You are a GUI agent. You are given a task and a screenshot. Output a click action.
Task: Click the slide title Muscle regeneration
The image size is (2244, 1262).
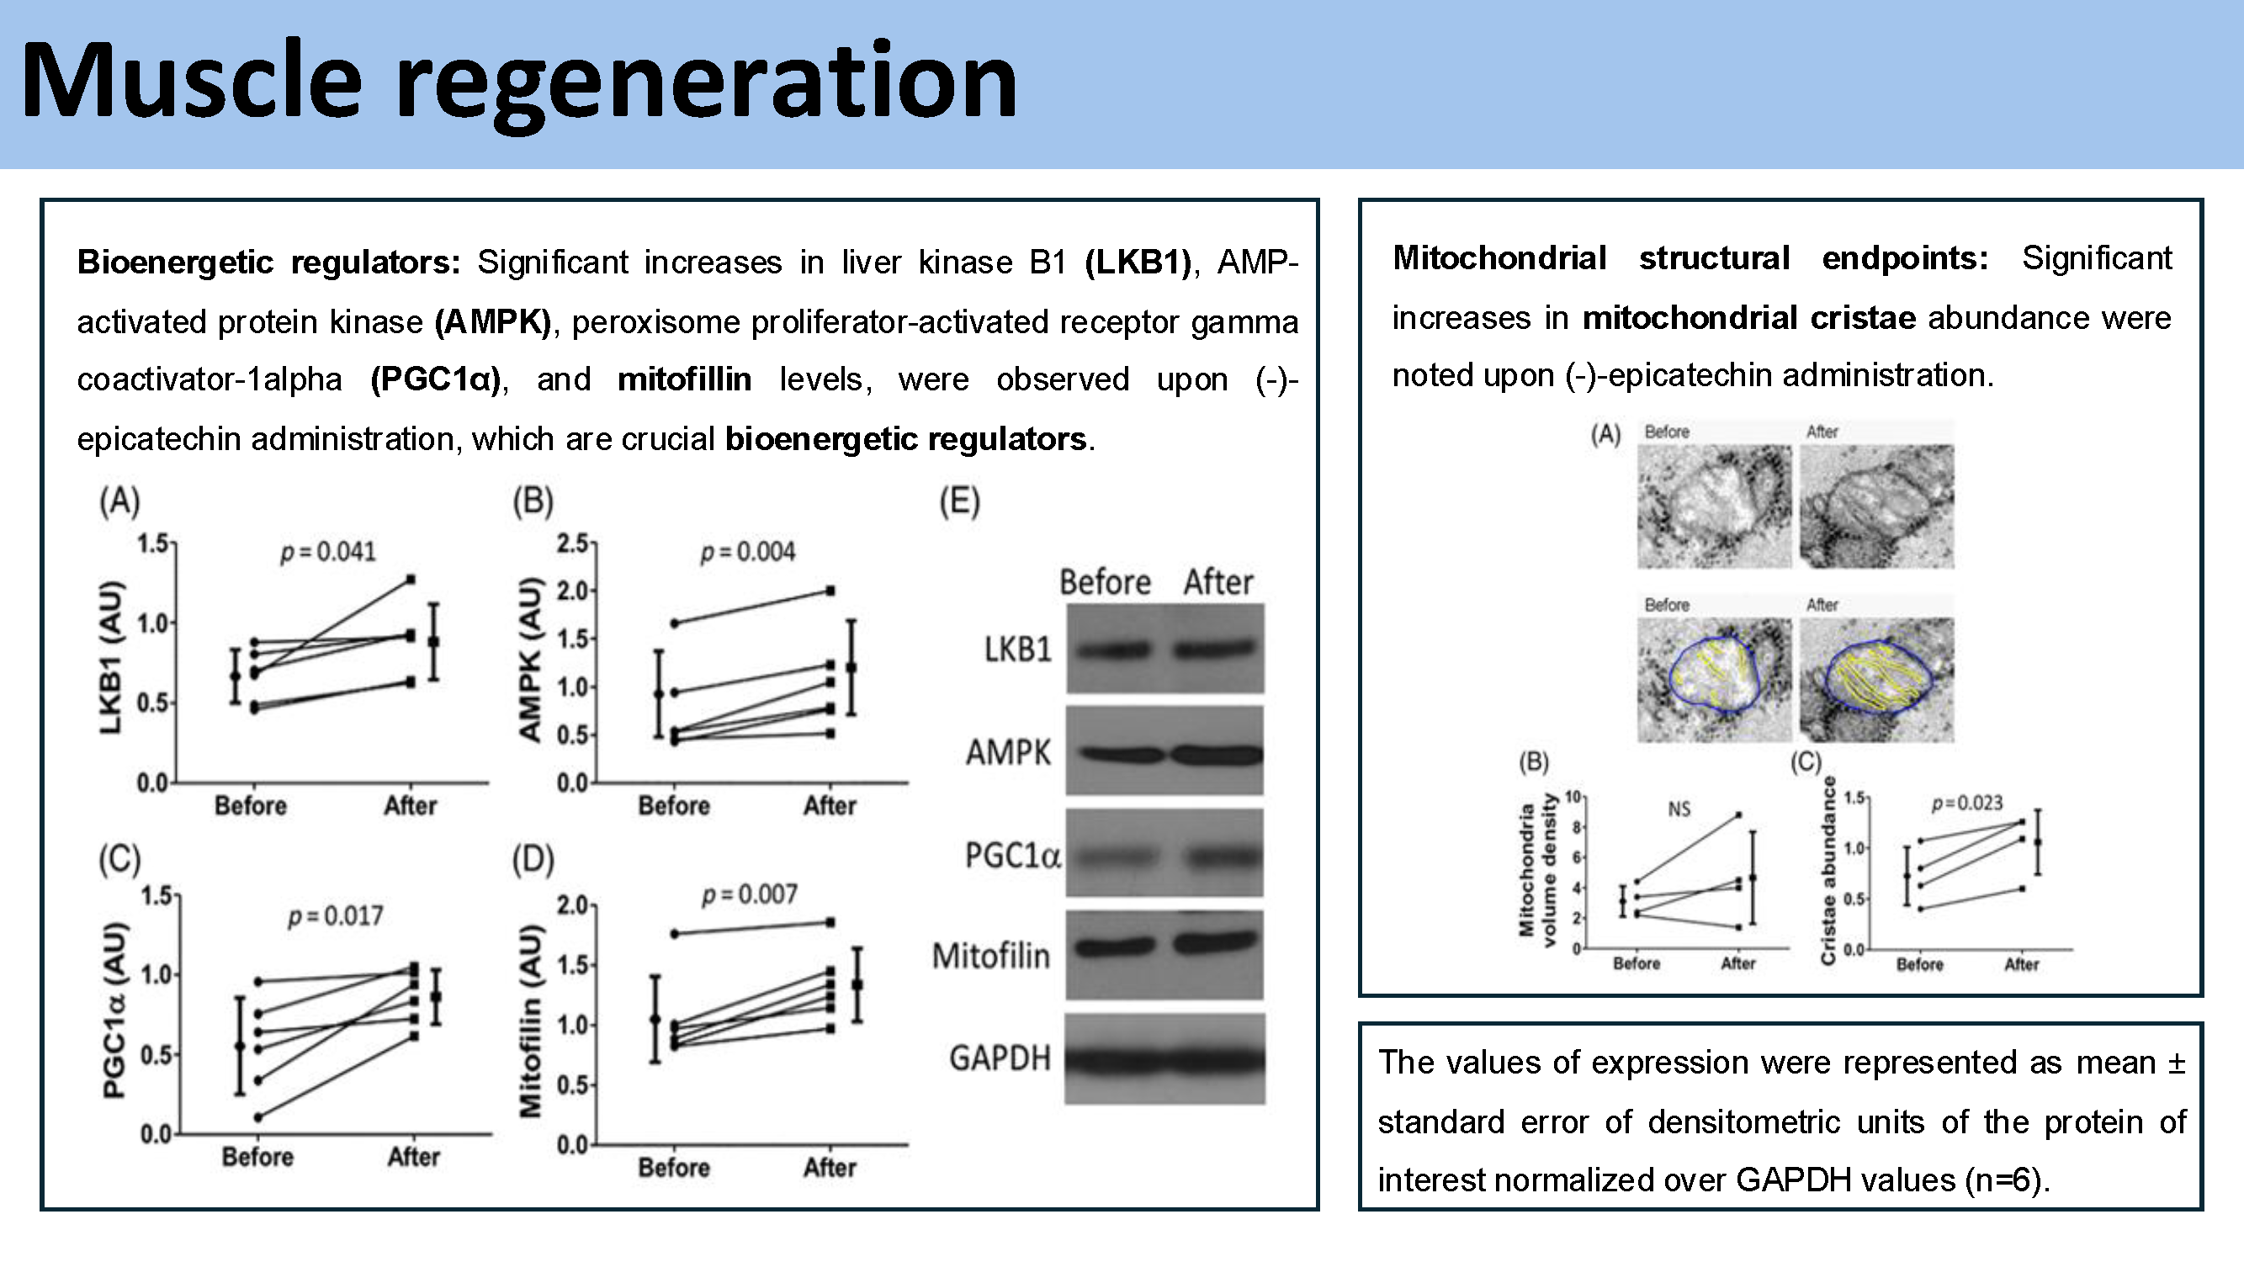519,82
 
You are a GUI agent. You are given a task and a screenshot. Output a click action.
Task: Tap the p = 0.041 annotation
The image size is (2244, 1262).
327,552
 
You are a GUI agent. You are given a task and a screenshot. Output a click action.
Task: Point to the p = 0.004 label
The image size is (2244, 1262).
747,552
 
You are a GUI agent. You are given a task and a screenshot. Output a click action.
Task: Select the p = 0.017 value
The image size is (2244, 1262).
336,916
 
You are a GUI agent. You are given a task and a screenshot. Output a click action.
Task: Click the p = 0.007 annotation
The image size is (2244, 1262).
749,894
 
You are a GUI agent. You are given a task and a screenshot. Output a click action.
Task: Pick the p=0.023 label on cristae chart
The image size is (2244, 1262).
1967,803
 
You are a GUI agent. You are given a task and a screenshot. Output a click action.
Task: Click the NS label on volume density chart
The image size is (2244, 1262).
1679,810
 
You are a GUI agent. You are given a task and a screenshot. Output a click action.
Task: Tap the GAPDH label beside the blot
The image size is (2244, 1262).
1000,1058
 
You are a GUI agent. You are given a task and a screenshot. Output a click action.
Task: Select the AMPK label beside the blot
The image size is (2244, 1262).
1008,752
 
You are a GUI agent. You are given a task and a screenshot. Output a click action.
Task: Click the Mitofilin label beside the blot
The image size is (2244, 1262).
990,957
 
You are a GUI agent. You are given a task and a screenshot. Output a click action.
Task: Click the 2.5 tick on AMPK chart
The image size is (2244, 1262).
572,544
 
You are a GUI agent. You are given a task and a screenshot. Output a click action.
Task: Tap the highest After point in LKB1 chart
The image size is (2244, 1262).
411,579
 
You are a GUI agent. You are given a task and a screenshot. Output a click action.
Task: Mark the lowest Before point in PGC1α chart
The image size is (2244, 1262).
257,1117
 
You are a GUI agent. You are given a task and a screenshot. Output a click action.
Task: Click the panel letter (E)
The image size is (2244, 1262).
959,501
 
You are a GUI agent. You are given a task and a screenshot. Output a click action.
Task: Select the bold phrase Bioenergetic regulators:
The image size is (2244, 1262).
268,262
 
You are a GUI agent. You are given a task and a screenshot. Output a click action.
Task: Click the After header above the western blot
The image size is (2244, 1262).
1217,582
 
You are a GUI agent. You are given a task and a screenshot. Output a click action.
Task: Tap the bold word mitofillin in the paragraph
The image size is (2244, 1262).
684,379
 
